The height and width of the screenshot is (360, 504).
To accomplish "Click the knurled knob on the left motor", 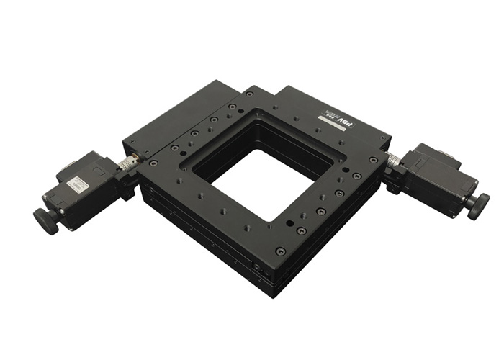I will [45, 221].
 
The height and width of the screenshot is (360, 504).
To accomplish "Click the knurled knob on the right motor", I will [477, 206].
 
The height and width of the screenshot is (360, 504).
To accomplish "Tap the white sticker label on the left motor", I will [78, 185].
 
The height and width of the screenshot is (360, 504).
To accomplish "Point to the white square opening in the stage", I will [252, 184].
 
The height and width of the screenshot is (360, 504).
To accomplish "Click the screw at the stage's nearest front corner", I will [280, 251].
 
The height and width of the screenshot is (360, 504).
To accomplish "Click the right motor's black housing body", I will [432, 176].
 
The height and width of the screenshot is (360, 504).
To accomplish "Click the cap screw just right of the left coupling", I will [153, 163].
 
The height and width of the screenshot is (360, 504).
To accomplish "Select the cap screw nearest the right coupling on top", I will [373, 159].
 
